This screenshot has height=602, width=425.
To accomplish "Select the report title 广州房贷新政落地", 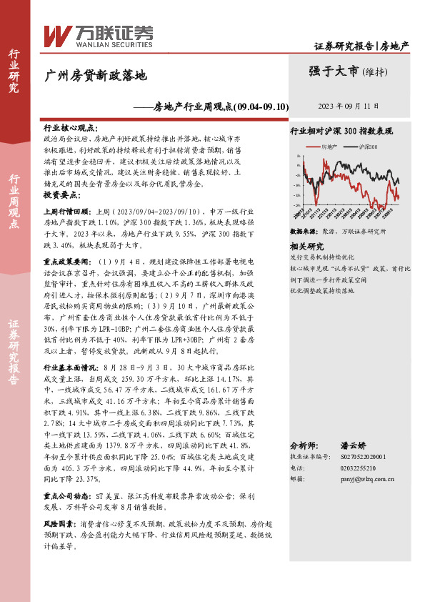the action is click(x=96, y=74).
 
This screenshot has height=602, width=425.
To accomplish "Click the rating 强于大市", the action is click(x=334, y=71).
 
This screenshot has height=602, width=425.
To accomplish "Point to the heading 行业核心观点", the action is click(x=71, y=125).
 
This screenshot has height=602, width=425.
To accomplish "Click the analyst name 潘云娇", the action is click(x=361, y=444).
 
